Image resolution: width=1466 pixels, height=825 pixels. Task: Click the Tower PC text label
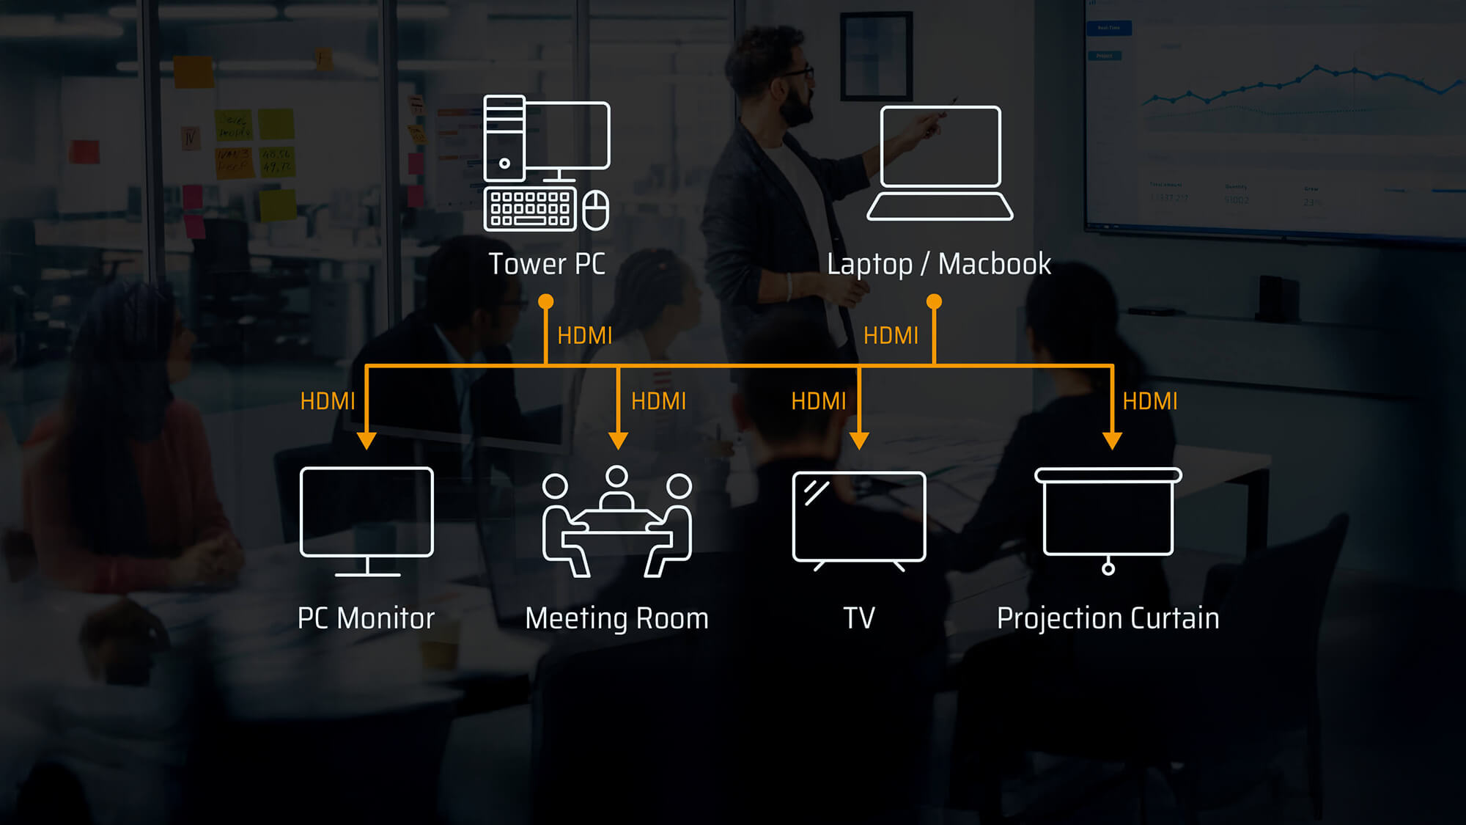tap(547, 264)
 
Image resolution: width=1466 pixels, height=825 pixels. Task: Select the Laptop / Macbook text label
tap(938, 264)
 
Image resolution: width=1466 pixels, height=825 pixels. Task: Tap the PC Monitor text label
tap(366, 618)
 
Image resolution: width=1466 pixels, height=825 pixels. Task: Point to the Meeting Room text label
tap(616, 618)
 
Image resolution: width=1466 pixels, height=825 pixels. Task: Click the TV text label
tap(858, 618)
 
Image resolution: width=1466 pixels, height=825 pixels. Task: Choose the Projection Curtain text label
tap(1108, 618)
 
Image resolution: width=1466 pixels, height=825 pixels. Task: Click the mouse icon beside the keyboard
tap(595, 210)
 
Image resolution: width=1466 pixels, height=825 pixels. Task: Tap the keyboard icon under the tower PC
tap(530, 209)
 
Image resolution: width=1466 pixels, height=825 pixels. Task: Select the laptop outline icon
tap(940, 163)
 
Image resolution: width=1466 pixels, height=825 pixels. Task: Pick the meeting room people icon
tap(616, 522)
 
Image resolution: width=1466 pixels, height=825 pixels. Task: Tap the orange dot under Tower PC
tap(545, 301)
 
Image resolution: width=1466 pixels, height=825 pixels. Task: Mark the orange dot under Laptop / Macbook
tap(934, 301)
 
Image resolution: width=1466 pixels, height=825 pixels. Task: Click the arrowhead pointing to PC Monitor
tap(366, 441)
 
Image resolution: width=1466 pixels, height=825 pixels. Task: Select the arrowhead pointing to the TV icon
tap(859, 441)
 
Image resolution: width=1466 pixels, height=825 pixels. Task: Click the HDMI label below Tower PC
tap(584, 336)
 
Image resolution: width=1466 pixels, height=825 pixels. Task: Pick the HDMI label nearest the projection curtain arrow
tap(1149, 401)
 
